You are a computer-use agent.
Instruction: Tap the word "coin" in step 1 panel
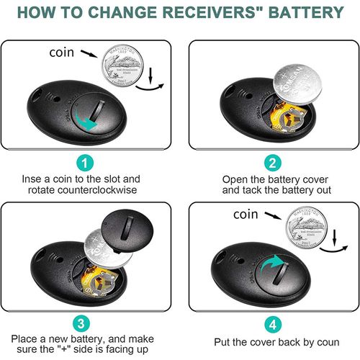61,53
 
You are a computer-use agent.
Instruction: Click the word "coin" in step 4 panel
247,214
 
